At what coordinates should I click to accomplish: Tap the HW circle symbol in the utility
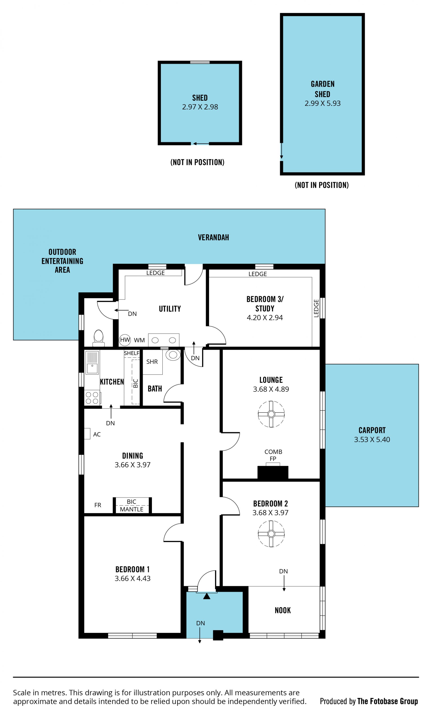(x=125, y=340)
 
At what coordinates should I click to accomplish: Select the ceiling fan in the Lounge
(x=271, y=414)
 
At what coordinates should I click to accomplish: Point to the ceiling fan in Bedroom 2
(x=271, y=534)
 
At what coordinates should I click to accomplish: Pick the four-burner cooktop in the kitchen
(x=92, y=398)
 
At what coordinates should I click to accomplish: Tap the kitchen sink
(x=92, y=363)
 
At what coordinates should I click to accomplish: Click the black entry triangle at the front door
(x=207, y=596)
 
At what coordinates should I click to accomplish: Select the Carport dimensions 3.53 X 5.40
(x=372, y=439)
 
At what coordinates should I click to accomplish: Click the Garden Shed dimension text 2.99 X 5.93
(x=323, y=103)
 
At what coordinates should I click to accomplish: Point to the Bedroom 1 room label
(x=133, y=569)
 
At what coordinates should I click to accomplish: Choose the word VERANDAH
(x=213, y=237)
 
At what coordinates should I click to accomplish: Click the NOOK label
(x=283, y=610)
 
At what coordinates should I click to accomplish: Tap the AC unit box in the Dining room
(x=87, y=434)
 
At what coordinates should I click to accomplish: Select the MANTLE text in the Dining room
(x=132, y=509)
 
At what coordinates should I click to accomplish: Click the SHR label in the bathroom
(x=152, y=362)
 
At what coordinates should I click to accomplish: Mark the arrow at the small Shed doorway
(x=201, y=144)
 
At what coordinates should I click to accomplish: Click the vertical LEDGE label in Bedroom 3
(x=316, y=308)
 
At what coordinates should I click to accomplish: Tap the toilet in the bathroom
(x=173, y=355)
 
